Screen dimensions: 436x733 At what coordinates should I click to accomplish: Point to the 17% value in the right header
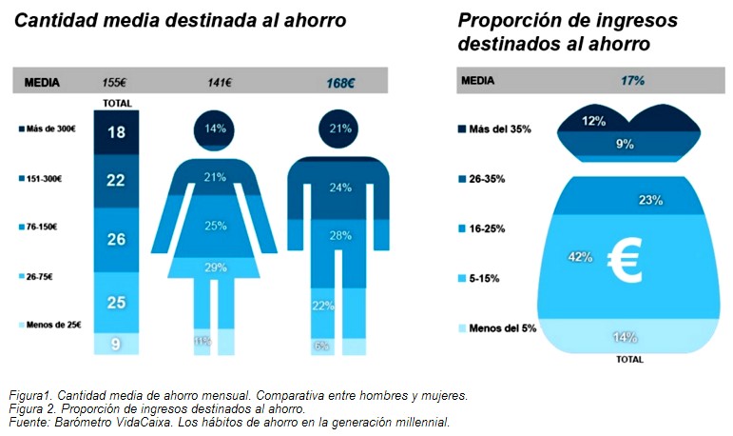click(632, 82)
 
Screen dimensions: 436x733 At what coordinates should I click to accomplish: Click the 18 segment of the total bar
click(116, 132)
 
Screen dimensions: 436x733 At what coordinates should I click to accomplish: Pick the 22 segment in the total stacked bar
click(116, 179)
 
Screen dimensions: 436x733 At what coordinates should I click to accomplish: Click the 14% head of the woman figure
click(215, 128)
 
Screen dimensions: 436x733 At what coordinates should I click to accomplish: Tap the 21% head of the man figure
click(340, 128)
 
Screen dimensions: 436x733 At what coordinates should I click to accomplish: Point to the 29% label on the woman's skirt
click(216, 268)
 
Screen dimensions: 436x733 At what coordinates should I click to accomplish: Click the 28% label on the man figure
click(340, 235)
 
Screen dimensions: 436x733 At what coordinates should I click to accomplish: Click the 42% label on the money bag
click(580, 256)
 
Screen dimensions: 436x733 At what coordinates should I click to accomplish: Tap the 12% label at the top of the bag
click(595, 121)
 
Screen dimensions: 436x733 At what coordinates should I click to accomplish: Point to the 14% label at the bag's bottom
click(624, 336)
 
